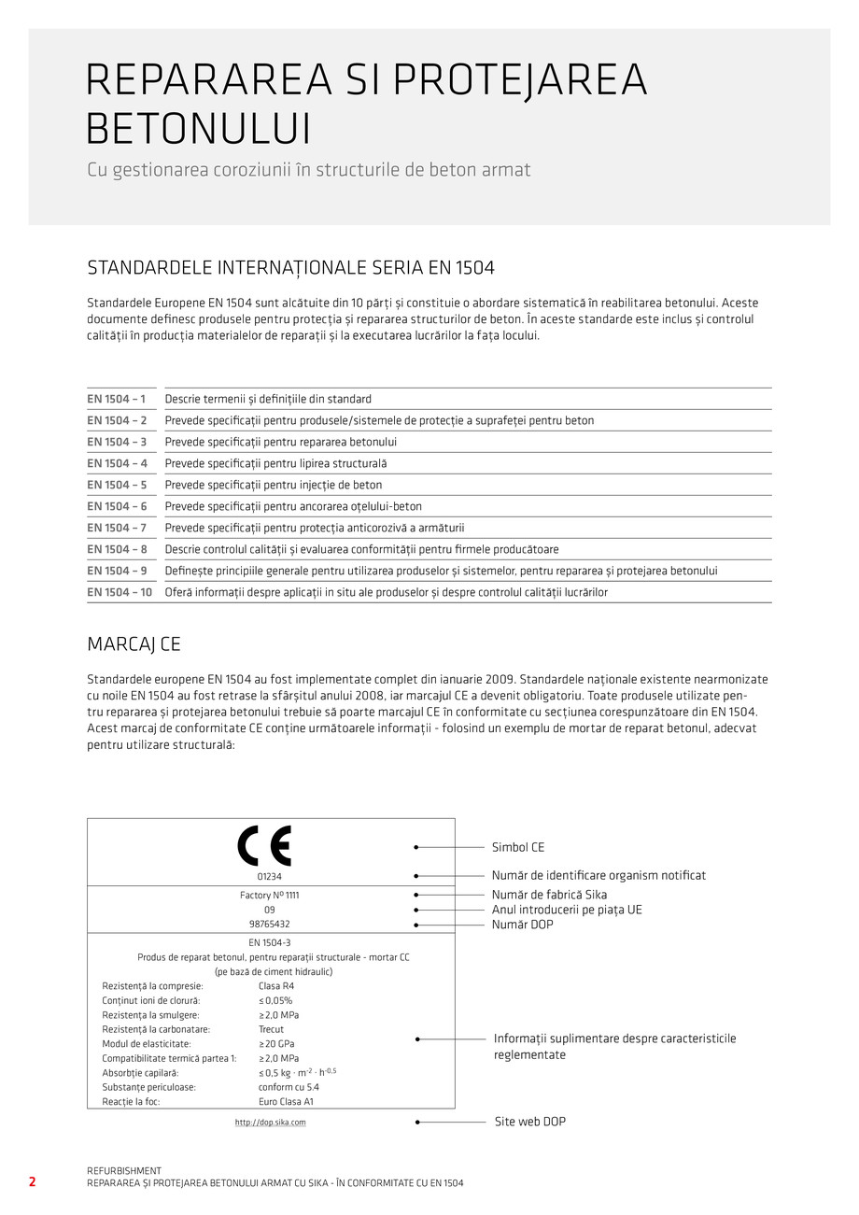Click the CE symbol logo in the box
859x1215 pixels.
264,846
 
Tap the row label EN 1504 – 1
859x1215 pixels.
117,399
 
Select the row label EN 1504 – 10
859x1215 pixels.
120,592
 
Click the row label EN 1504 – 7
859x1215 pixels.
117,528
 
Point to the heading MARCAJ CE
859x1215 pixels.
134,644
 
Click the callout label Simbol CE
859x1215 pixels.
518,847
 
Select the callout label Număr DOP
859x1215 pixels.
522,925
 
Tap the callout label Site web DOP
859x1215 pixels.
529,1121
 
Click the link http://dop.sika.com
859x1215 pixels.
270,1122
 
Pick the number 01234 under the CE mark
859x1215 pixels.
269,877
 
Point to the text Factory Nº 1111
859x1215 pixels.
269,895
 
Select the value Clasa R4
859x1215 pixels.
276,985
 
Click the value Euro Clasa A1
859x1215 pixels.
287,1101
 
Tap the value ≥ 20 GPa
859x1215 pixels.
277,1043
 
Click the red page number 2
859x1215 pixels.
32,1181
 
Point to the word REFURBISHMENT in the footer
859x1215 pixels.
124,1170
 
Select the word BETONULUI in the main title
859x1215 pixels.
198,129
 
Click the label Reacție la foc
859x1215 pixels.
131,1101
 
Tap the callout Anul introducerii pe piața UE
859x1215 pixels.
567,910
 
